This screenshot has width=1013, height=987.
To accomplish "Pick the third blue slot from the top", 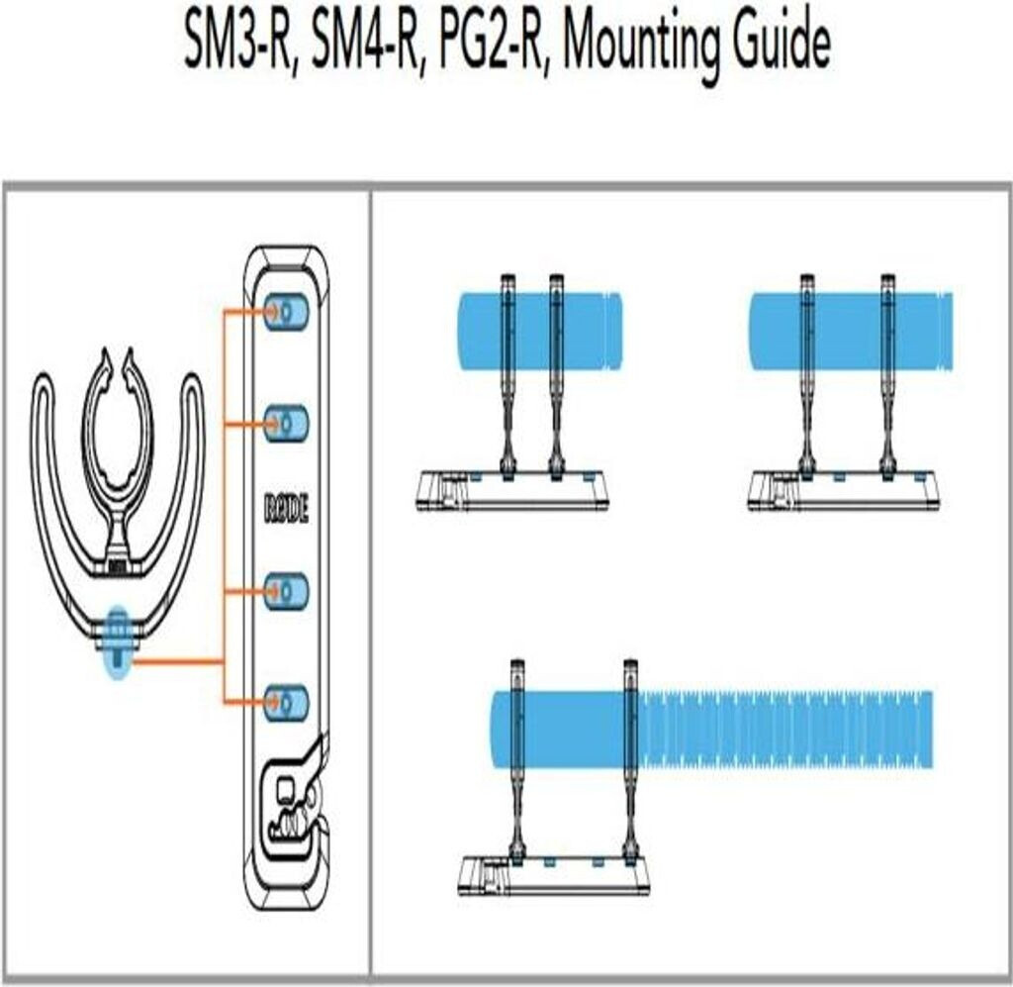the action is point(286,592).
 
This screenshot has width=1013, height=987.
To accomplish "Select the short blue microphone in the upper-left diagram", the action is point(539,332).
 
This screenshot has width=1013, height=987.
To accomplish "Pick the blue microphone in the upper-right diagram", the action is point(851,332).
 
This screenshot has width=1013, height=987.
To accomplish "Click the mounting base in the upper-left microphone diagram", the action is point(512,491).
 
